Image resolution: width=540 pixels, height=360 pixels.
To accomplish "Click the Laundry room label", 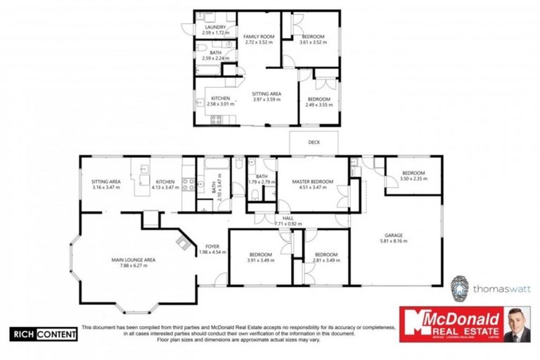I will [216, 27].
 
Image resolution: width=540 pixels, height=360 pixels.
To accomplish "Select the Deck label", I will [314, 141].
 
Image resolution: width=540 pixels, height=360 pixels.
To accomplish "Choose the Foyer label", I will [212, 247].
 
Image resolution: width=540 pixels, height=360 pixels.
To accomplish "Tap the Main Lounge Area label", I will [133, 259].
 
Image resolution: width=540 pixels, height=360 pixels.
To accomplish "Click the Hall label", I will [288, 219].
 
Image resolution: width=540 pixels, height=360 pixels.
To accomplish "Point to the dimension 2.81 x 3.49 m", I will [327, 260].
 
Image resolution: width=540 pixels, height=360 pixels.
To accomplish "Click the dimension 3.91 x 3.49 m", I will [260, 260].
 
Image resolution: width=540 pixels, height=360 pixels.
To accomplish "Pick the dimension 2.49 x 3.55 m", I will [319, 104].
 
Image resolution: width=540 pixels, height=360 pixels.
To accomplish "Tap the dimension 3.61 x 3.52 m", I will [313, 41].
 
